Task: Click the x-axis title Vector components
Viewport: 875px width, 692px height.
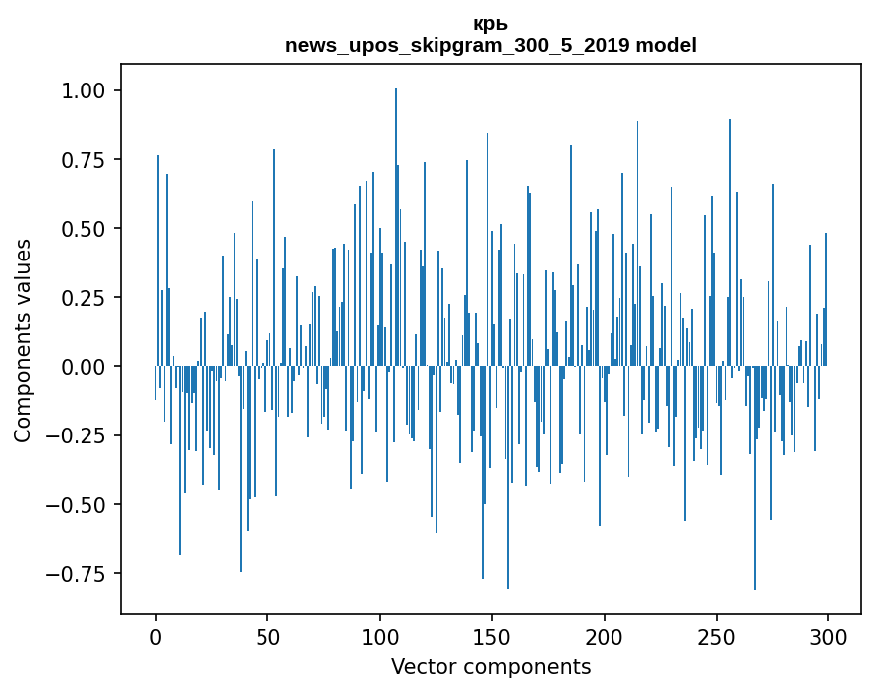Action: (491, 666)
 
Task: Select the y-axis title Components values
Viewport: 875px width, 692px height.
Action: (23, 340)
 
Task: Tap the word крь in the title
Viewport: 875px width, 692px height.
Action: (491, 24)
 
